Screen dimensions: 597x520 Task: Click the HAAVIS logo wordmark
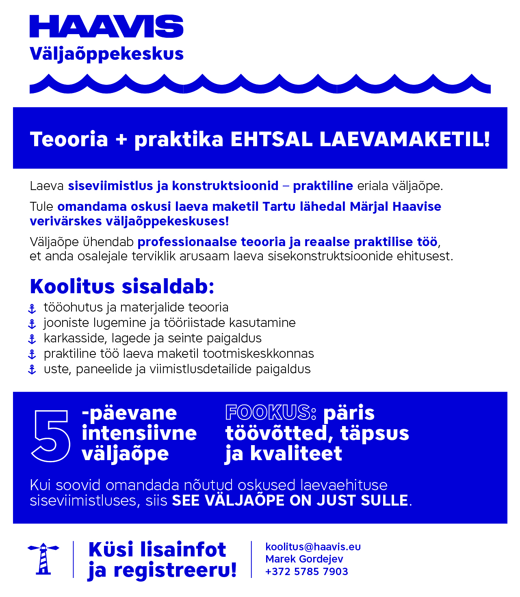pyautogui.click(x=106, y=27)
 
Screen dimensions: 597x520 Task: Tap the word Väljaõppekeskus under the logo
pyautogui.click(x=106, y=54)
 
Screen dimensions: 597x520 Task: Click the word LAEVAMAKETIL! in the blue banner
pyautogui.click(x=405, y=139)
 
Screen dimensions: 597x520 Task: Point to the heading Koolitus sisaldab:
pyautogui.click(x=122, y=286)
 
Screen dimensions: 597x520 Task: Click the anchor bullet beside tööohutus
pyautogui.click(x=32, y=309)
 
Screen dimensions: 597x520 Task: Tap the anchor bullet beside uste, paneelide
pyautogui.click(x=32, y=370)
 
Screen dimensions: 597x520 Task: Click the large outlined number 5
pyautogui.click(x=51, y=435)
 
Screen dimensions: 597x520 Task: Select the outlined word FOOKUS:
pyautogui.click(x=271, y=413)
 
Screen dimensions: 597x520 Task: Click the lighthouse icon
pyautogui.click(x=43, y=559)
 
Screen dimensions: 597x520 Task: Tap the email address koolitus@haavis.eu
pyautogui.click(x=313, y=547)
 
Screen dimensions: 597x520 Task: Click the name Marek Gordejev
pyautogui.click(x=304, y=559)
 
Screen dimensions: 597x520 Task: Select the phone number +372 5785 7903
pyautogui.click(x=306, y=571)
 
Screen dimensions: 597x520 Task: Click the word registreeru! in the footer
pyautogui.click(x=175, y=570)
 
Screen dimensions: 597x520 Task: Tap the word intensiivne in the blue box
pyautogui.click(x=139, y=433)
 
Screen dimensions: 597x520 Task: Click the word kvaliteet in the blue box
pyautogui.click(x=296, y=453)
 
